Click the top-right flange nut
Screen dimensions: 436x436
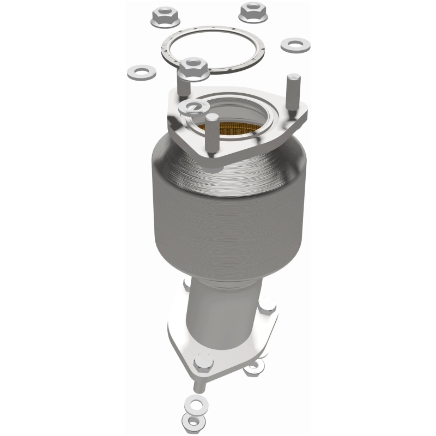click(253, 11)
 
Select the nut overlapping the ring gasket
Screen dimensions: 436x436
click(193, 68)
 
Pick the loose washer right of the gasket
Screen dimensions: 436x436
click(295, 44)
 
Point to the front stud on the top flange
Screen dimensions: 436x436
click(211, 131)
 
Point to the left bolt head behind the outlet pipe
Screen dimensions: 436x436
click(187, 283)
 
